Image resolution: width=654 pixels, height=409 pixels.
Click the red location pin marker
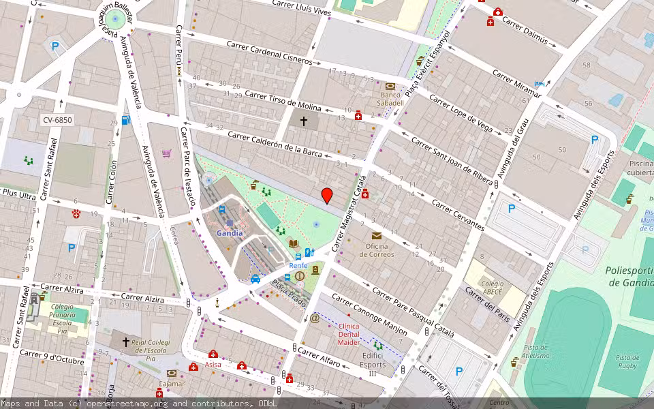[x=327, y=196]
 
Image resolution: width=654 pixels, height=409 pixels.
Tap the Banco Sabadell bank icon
[x=390, y=87]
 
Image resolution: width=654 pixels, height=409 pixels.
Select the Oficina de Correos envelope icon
[x=377, y=236]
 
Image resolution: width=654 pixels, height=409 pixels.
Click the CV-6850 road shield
[x=57, y=120]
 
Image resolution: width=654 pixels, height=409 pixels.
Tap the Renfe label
[x=298, y=265]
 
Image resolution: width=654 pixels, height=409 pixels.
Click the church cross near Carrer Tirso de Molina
[x=304, y=122]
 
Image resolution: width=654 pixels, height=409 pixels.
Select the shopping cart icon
[x=166, y=153]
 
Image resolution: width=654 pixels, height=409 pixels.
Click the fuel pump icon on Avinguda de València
[x=126, y=121]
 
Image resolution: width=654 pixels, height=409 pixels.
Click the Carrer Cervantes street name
[x=458, y=215]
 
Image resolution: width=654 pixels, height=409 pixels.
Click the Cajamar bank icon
[x=172, y=374]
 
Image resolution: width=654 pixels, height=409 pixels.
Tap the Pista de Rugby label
[x=627, y=362]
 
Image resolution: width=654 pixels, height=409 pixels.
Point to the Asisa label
[x=213, y=365]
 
